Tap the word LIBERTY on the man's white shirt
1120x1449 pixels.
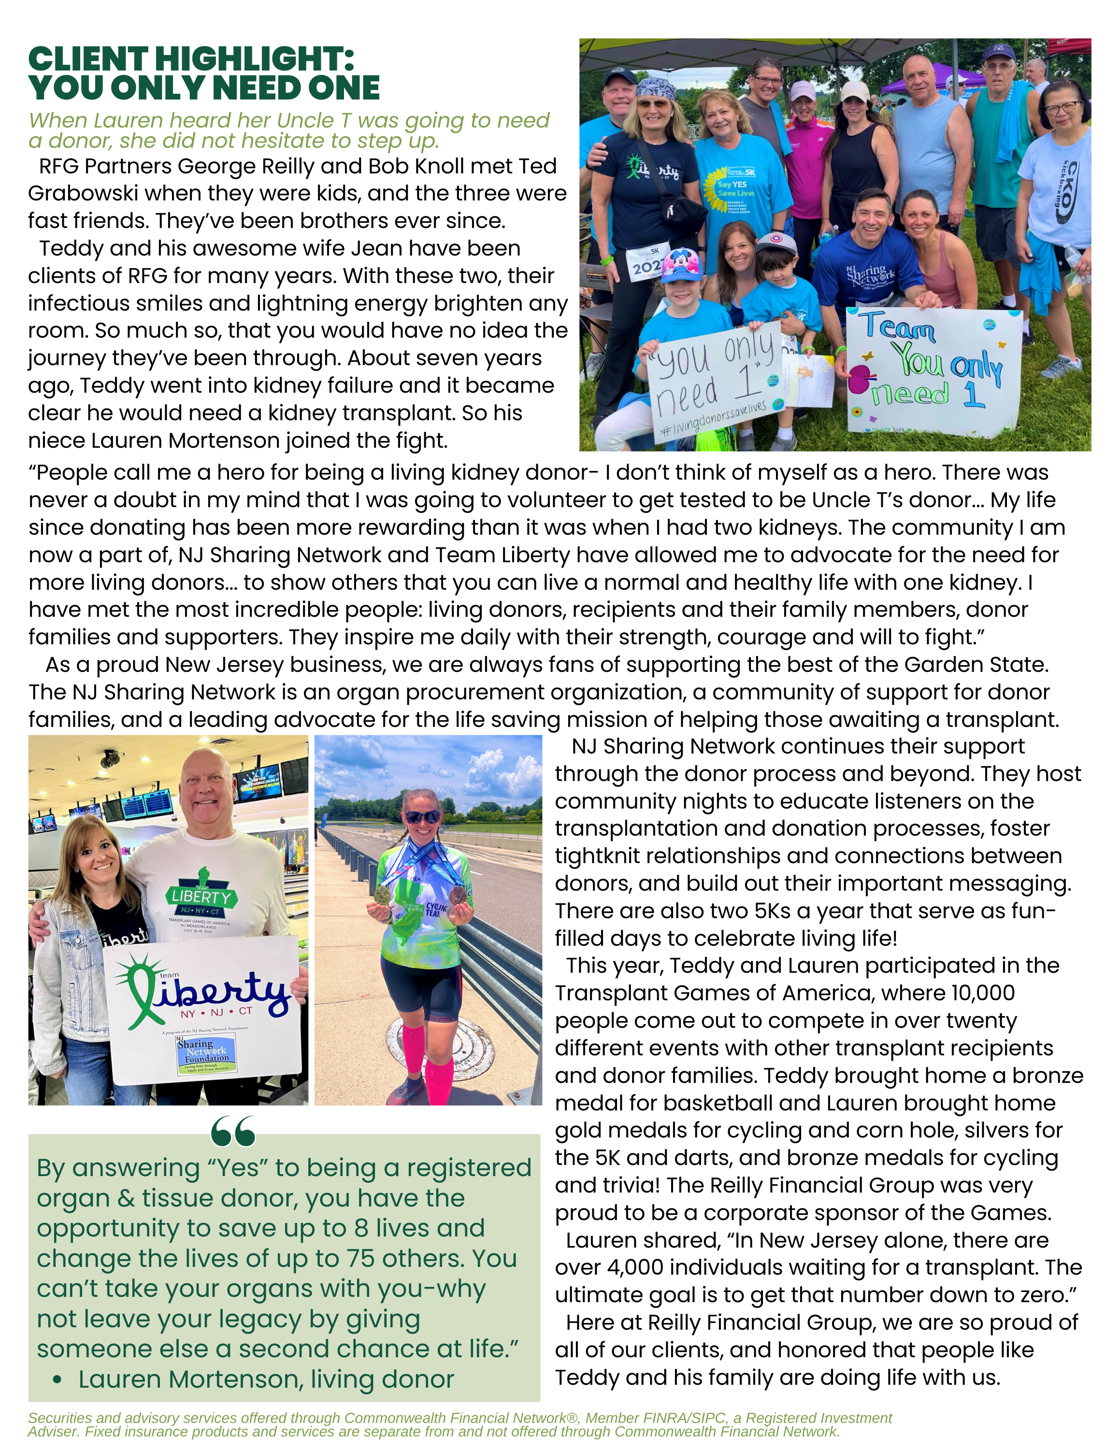201,897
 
